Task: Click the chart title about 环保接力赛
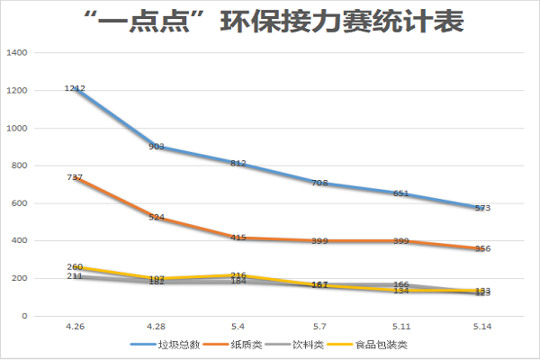pos(270,22)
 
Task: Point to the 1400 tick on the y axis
pos(18,53)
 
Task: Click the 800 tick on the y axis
pos(21,166)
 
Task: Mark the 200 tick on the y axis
pos(21,278)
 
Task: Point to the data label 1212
pos(75,88)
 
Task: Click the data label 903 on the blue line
pos(156,147)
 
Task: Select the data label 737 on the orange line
pos(75,177)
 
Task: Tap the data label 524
pos(156,218)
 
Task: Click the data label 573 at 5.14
pos(482,209)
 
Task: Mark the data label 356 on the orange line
pos(482,249)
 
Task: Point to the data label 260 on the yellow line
pos(75,266)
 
